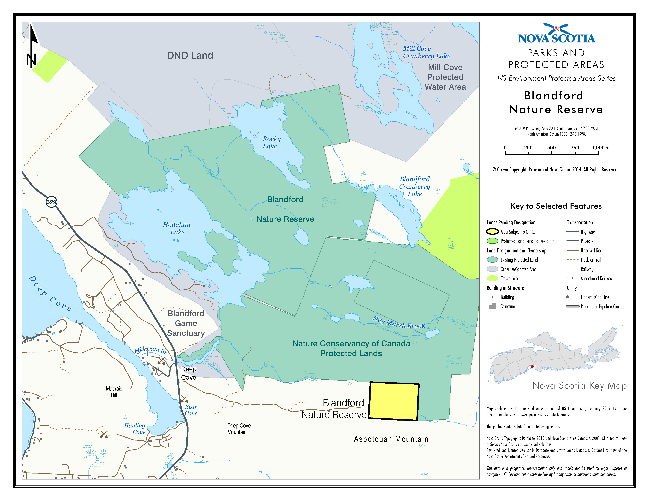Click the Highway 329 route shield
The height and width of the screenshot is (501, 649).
[51, 202]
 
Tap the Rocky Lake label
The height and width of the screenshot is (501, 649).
[271, 142]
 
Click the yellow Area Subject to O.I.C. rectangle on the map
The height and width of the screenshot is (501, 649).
[394, 401]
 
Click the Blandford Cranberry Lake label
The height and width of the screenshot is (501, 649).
[415, 186]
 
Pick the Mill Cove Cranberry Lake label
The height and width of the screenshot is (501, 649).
[426, 52]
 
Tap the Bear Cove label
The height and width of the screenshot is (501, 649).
[191, 410]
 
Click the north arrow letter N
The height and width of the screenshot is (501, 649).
[31, 60]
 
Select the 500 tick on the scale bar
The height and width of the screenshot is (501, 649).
[552, 148]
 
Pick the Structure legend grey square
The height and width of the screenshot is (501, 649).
[492, 306]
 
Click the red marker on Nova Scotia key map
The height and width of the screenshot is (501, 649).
[532, 367]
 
